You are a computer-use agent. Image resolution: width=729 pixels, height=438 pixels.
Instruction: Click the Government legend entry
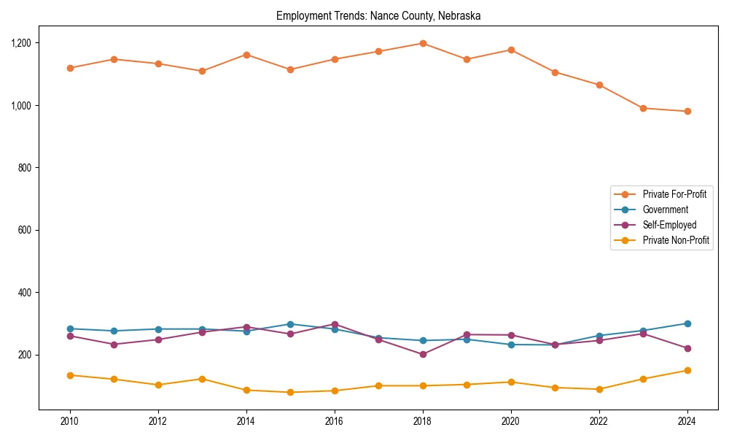[665, 210]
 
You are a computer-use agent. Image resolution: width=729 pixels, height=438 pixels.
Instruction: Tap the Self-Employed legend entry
[669, 225]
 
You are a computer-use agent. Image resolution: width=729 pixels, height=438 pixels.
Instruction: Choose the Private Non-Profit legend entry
[676, 240]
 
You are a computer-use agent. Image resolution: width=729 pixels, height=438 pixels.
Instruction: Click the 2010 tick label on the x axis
[70, 421]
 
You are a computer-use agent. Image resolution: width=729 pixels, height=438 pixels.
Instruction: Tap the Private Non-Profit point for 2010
[70, 375]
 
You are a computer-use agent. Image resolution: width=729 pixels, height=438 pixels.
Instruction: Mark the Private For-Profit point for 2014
[246, 55]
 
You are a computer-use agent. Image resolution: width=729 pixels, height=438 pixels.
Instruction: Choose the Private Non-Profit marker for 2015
[290, 392]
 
